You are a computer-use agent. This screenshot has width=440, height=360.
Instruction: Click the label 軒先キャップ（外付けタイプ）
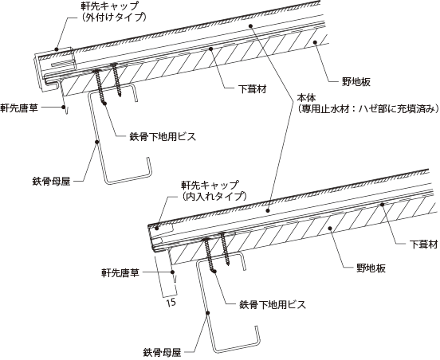(x=113, y=11)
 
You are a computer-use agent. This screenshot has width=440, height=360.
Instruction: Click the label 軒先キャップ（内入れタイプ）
(x=213, y=190)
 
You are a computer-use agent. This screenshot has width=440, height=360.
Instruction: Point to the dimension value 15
(x=171, y=302)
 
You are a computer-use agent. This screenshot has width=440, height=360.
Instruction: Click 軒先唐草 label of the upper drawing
(x=19, y=108)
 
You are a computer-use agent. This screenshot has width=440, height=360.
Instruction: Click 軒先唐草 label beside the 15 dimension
(x=120, y=272)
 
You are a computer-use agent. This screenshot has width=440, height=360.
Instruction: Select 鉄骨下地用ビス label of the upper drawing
(x=163, y=136)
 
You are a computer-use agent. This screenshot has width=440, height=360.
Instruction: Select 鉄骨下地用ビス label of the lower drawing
(x=273, y=304)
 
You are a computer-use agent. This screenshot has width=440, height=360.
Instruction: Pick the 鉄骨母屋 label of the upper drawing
(x=51, y=182)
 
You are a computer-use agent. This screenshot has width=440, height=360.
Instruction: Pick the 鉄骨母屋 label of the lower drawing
(x=162, y=352)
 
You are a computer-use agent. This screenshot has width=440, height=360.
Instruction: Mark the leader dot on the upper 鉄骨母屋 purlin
(x=96, y=142)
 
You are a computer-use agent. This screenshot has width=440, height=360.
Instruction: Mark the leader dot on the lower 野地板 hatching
(x=330, y=229)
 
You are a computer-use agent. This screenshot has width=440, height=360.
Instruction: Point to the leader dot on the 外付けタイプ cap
(x=57, y=49)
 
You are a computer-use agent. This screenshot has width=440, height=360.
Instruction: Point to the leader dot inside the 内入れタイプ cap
(x=157, y=229)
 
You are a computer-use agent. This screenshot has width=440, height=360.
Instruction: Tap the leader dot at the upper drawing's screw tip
(x=105, y=104)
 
